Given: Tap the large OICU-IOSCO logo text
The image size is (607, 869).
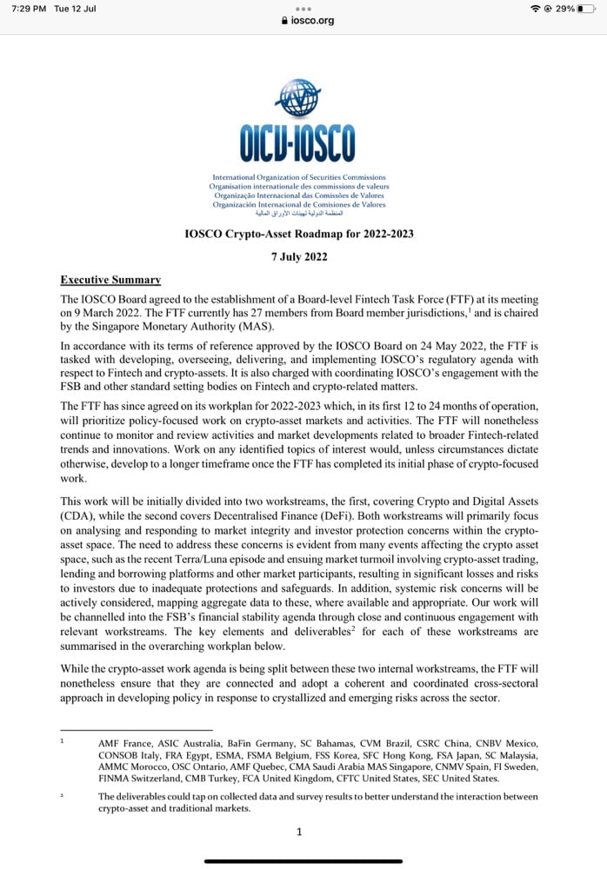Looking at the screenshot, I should click(x=298, y=143).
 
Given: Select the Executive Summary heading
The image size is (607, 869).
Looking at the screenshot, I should click(x=110, y=280).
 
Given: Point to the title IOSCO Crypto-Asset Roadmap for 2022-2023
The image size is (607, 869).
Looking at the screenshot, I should click(x=299, y=234).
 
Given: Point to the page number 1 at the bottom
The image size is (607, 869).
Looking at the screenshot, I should click(x=299, y=832).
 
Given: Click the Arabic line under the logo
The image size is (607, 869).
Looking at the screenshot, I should click(x=299, y=213).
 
